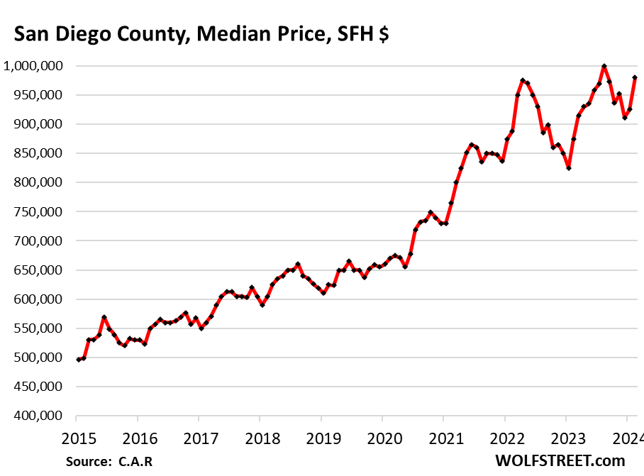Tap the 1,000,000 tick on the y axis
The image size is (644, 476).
coord(34,66)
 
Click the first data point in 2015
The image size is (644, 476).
coord(79,360)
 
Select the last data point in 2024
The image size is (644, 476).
coord(635,78)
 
